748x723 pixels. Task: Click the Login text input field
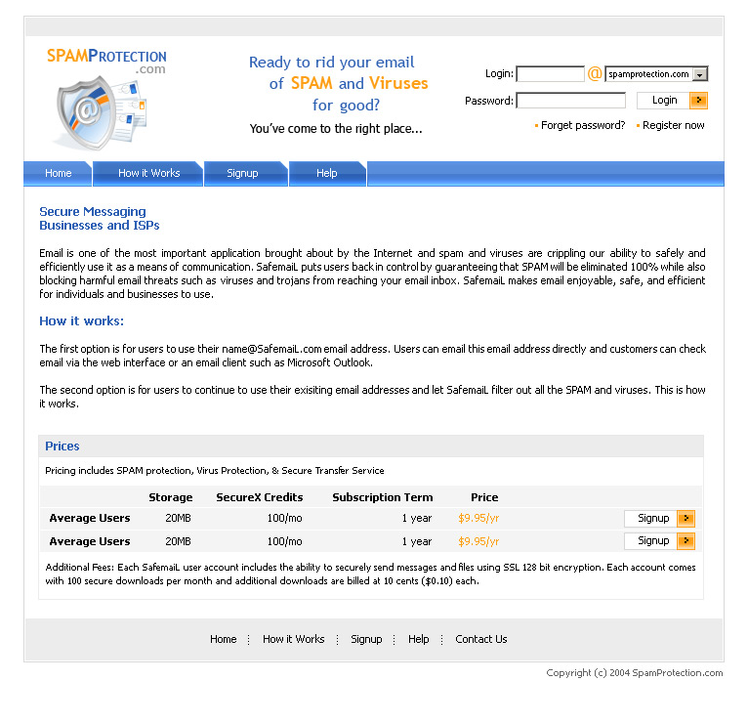[x=550, y=74]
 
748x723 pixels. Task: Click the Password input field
[x=570, y=101]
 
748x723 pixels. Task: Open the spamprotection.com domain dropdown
[x=700, y=74]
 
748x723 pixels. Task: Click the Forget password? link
[x=583, y=126]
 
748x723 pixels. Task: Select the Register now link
[x=673, y=126]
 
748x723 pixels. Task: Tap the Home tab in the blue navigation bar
[x=59, y=174]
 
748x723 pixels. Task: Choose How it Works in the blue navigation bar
[x=148, y=174]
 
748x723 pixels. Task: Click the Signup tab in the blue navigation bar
[x=242, y=174]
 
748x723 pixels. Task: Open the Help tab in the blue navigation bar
[x=327, y=174]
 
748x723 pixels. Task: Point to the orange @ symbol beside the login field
[x=595, y=74]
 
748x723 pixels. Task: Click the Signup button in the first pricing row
[x=659, y=519]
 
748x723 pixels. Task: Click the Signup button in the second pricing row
[x=659, y=541]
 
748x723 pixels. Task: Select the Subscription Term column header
[x=382, y=497]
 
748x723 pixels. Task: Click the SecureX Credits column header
[x=260, y=497]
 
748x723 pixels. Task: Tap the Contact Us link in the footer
[x=480, y=639]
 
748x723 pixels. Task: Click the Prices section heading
[x=62, y=447]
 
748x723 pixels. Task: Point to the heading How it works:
[x=82, y=321]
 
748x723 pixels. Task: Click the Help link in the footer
[x=418, y=639]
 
